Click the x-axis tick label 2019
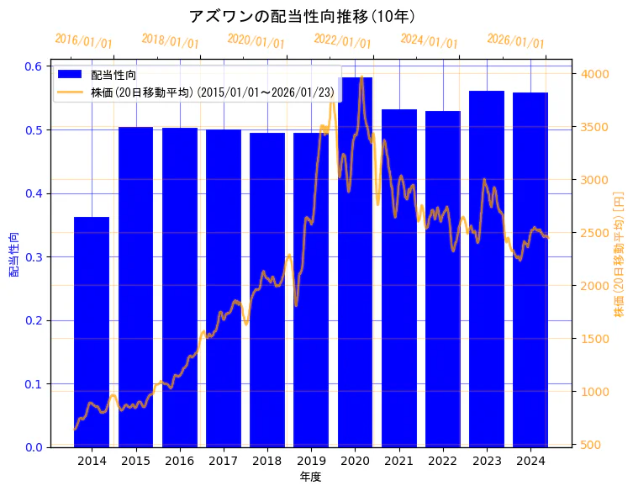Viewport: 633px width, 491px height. click(311, 461)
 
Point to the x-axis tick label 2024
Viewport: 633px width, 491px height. click(530, 461)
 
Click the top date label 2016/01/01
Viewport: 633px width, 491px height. click(83, 41)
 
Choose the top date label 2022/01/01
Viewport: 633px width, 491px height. click(342, 41)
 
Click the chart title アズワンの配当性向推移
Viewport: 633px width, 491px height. click(302, 16)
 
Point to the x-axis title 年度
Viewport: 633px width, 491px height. click(310, 477)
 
